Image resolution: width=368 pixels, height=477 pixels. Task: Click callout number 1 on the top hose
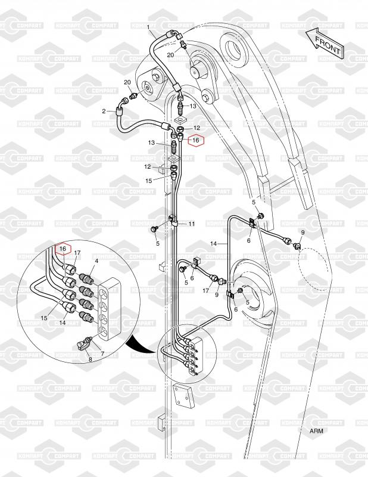[148, 26]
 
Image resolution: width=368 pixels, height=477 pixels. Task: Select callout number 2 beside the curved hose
[104, 111]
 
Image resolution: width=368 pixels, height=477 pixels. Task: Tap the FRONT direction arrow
[324, 42]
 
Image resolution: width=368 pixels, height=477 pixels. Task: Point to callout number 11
[192, 224]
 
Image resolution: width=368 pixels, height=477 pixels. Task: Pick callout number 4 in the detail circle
[97, 262]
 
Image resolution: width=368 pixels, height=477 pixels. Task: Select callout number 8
[90, 360]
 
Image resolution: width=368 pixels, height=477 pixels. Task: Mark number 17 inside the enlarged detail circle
[77, 253]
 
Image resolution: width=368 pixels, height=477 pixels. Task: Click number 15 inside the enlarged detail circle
[45, 318]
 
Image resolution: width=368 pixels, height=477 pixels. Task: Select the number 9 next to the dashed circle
[302, 232]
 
